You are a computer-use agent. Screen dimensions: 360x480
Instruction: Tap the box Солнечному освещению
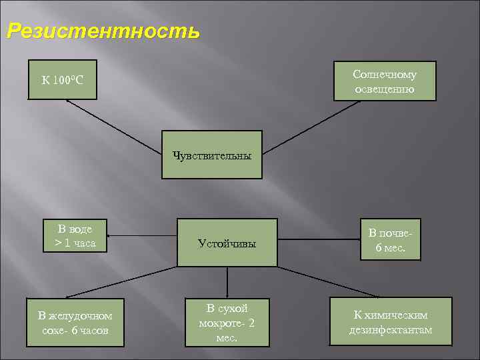point(385,81)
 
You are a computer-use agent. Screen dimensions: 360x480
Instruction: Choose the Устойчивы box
point(227,243)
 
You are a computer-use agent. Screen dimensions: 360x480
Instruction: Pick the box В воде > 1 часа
point(75,236)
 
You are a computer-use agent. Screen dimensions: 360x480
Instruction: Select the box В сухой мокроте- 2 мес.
point(227,323)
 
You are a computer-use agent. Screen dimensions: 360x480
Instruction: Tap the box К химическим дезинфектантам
point(391,323)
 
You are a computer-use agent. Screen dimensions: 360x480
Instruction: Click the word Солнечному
point(385,75)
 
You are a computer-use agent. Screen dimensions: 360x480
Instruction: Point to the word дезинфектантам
point(391,330)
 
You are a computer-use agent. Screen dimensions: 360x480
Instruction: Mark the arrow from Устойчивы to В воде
point(143,235)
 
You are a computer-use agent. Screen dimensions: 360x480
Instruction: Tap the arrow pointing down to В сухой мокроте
point(227,282)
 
